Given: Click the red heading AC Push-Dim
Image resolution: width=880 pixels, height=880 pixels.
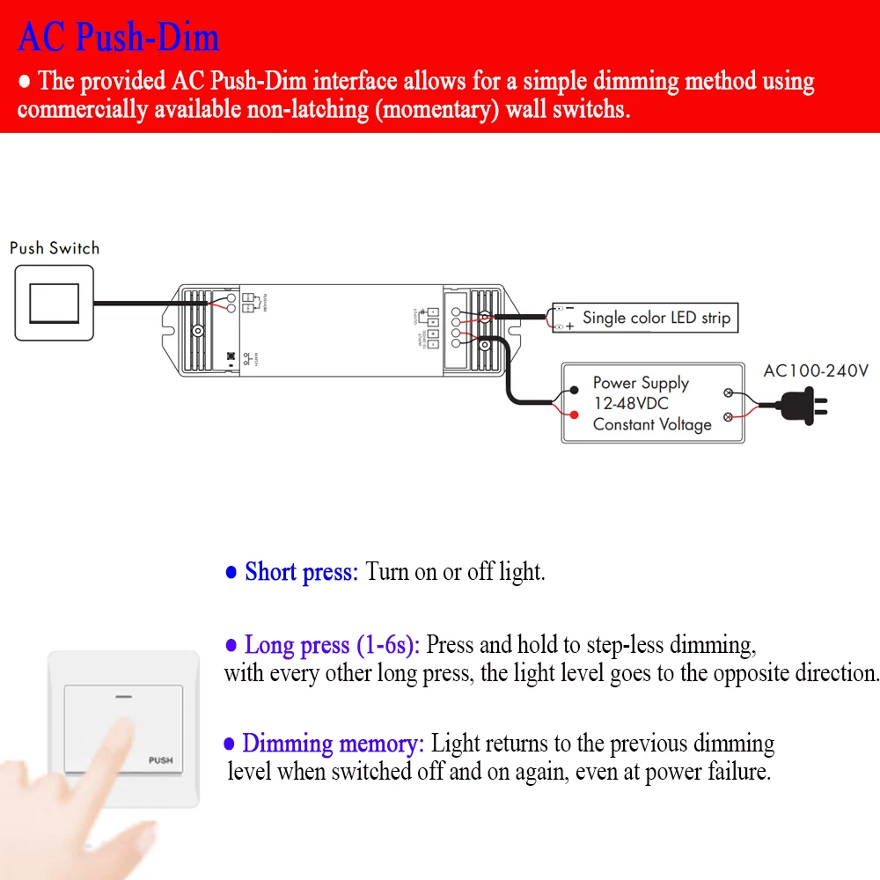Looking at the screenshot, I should tap(118, 37).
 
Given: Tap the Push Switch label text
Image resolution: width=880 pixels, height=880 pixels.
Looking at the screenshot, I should tap(55, 248).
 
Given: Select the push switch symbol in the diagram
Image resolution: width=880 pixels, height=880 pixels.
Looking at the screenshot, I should tap(54, 304).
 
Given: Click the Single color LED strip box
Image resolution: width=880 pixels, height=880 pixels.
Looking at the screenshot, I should tap(644, 318).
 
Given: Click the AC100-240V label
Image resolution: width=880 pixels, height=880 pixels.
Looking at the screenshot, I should tap(815, 370).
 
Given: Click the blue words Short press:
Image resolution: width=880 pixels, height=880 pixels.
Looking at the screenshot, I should tap(301, 572).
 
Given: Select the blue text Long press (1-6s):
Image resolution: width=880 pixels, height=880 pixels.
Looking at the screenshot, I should tap(334, 645).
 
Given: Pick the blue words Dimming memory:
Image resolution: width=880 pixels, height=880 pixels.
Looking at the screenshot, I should tap(333, 744).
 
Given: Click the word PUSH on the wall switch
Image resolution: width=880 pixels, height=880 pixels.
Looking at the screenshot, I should tap(160, 760).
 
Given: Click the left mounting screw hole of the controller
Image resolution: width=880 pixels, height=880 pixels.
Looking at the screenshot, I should tap(200, 331).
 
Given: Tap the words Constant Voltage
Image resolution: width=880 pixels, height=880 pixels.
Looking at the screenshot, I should tap(651, 424).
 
